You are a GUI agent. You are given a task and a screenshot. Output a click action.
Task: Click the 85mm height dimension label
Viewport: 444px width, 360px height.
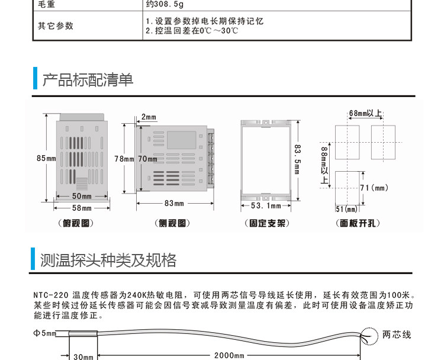point(46,158)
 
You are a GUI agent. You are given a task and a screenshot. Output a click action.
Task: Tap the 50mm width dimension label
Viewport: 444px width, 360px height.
point(82,196)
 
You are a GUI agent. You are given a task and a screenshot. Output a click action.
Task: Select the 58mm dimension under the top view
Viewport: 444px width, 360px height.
point(82,208)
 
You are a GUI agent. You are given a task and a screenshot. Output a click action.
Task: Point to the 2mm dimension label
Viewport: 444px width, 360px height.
point(149,117)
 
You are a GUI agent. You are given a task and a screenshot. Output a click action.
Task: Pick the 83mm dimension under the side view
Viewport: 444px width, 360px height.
point(174,203)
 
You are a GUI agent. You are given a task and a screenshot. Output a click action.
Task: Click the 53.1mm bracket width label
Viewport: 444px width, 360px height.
point(266,205)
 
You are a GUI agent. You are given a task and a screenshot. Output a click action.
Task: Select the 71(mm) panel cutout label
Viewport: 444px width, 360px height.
point(374,188)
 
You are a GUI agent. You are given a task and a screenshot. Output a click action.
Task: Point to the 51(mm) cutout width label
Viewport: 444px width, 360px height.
point(347,209)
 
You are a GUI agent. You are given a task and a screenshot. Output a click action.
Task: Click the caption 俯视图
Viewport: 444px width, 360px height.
point(78,223)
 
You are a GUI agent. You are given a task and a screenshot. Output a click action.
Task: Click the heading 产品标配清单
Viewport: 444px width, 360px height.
point(88,79)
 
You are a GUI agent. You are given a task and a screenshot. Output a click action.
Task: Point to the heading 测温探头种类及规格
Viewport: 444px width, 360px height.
point(108,260)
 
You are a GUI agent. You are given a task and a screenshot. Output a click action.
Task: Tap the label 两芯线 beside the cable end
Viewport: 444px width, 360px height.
point(397,335)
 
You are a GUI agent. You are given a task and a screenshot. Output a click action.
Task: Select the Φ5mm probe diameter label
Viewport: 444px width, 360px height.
point(45,333)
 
